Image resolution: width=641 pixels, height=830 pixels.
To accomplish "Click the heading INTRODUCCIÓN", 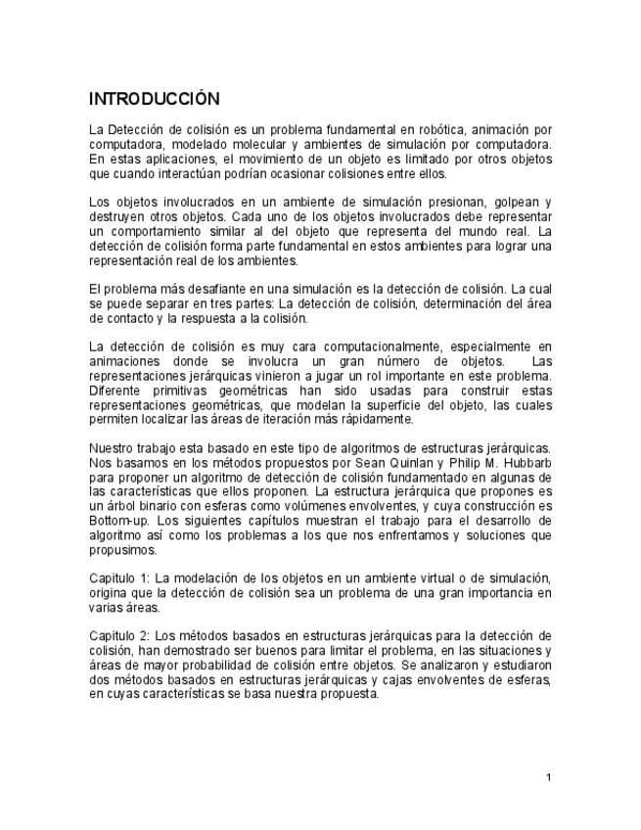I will click(x=154, y=100).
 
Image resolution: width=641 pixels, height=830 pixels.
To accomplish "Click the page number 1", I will click(x=549, y=777).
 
